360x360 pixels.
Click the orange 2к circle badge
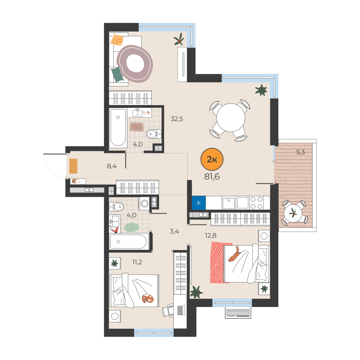pos(212,159)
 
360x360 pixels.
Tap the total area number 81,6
pos(212,177)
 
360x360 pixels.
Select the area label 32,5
pos(177,119)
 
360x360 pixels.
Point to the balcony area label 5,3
pos(301,152)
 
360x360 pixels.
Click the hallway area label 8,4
pos(112,166)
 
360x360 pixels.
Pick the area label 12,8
pos(210,235)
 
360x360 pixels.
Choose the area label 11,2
pos(137,262)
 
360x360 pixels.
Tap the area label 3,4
pos(174,231)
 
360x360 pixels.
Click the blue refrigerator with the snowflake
pos(199,203)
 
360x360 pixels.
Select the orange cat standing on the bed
pos(234,254)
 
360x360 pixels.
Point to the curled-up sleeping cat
pos(148,298)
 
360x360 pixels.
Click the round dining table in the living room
pos(230,118)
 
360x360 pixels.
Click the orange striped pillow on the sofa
pos(117,40)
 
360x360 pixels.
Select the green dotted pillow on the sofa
pos(117,74)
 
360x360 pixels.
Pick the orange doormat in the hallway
pos(73,166)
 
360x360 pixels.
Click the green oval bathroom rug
pos(132,227)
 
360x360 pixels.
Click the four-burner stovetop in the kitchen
pos(257,203)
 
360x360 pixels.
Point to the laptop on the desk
pos(180,310)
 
